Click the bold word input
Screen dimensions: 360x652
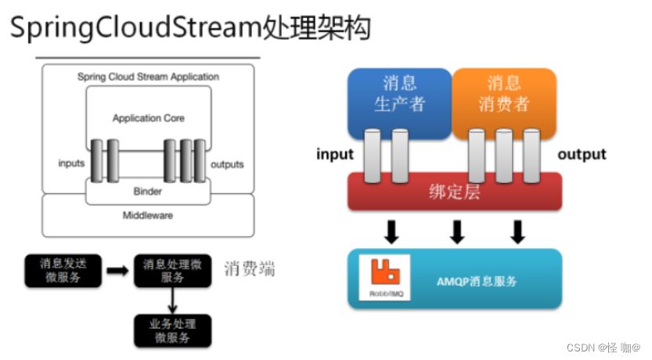335,154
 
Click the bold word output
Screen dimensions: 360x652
582,154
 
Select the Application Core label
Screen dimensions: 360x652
149,118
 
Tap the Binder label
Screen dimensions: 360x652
147,191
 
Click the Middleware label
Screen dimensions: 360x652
147,215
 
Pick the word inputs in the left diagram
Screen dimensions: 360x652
71,164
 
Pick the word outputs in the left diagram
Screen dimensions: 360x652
227,164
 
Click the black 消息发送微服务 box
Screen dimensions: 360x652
63,270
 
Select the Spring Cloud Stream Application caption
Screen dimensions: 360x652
148,77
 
